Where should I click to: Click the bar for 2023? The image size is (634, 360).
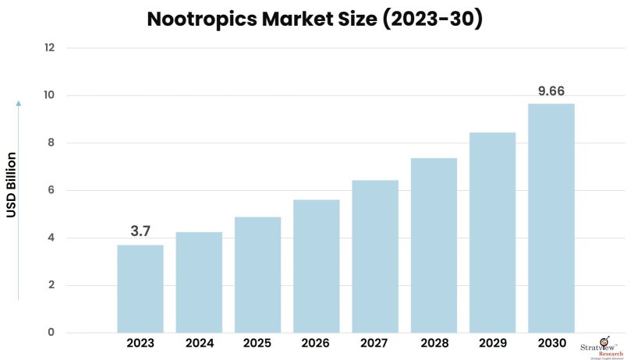click(x=140, y=288)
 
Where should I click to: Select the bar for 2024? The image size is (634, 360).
click(x=199, y=282)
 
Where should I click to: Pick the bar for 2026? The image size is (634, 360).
click(x=316, y=266)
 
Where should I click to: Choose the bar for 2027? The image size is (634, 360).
click(x=375, y=256)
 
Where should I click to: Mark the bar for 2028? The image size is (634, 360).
click(x=434, y=245)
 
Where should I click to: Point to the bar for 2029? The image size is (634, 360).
click(x=492, y=232)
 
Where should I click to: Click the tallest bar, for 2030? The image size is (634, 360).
click(x=551, y=218)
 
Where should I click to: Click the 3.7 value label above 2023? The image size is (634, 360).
click(x=140, y=231)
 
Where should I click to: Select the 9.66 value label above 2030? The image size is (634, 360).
click(x=551, y=90)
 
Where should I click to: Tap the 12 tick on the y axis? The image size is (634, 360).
click(x=49, y=48)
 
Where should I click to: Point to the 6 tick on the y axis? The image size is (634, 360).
click(x=51, y=190)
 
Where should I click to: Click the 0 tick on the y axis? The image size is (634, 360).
click(x=51, y=333)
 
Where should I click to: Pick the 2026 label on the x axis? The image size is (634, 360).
click(x=316, y=343)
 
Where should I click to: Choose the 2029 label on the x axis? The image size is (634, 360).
click(x=492, y=343)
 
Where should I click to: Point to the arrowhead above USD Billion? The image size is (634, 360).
click(x=19, y=102)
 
